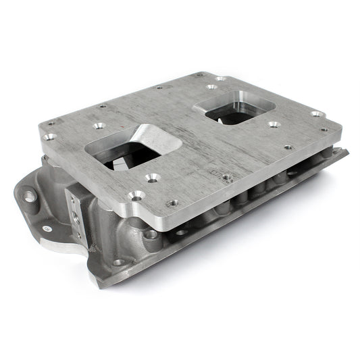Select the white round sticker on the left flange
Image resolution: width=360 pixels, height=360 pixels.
pyautogui.click(x=47, y=227)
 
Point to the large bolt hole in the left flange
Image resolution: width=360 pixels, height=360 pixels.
pyautogui.click(x=30, y=196)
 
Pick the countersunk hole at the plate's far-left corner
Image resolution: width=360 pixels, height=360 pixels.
pyautogui.click(x=49, y=136)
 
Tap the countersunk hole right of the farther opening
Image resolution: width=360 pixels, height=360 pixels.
pyautogui.click(x=273, y=124)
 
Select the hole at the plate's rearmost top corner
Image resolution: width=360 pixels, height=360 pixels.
pyautogui.click(x=200, y=74)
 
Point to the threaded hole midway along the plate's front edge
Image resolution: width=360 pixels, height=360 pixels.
pyautogui.click(x=228, y=178)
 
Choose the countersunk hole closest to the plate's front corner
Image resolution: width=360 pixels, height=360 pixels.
pyautogui.click(x=136, y=196)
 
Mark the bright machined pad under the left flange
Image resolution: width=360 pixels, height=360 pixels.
pyautogui.click(x=64, y=246)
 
